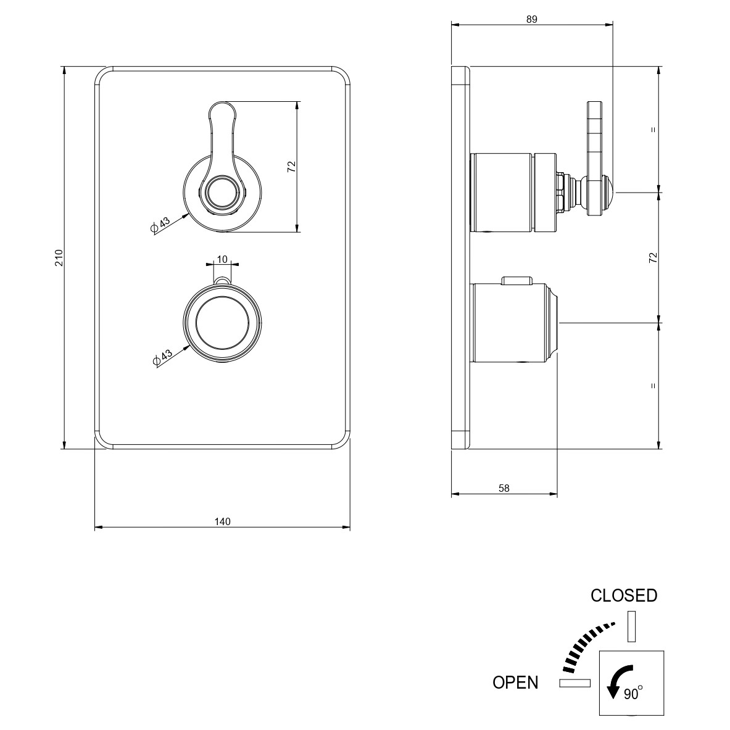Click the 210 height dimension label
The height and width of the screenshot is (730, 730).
[59, 257]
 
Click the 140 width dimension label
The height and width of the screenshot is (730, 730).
[223, 521]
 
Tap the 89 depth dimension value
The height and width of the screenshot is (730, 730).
[532, 19]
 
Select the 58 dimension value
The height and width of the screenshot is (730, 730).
[504, 488]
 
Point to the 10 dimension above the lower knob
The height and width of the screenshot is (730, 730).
[223, 259]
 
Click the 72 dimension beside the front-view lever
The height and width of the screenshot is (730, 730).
[291, 166]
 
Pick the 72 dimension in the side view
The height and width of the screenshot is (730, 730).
[653, 257]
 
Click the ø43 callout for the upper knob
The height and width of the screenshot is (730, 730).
[161, 225]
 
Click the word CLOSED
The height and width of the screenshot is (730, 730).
[624, 595]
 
